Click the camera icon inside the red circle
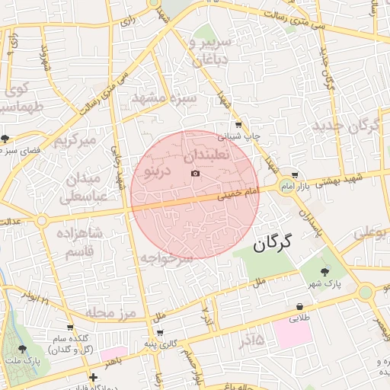pos(196,174)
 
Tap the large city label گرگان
pos(272,244)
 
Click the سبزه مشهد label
pos(165,98)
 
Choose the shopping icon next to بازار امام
pos(295,174)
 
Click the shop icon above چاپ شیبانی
pos(239,124)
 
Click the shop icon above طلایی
pos(300,307)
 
